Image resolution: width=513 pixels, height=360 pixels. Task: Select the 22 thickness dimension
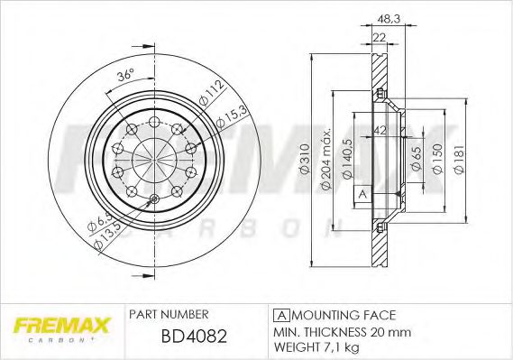tap(380, 37)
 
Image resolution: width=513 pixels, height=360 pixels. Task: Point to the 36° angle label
tap(126, 75)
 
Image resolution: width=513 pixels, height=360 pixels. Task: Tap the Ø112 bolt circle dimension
tap(212, 93)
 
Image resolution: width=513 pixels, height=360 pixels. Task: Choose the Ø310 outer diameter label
tap(305, 158)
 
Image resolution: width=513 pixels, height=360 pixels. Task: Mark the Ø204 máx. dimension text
tap(326, 159)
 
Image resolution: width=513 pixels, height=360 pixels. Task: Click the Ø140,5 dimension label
tap(347, 159)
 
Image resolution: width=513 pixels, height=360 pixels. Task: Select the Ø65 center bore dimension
tap(417, 159)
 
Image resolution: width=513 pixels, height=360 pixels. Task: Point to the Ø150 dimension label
tap(437, 159)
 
